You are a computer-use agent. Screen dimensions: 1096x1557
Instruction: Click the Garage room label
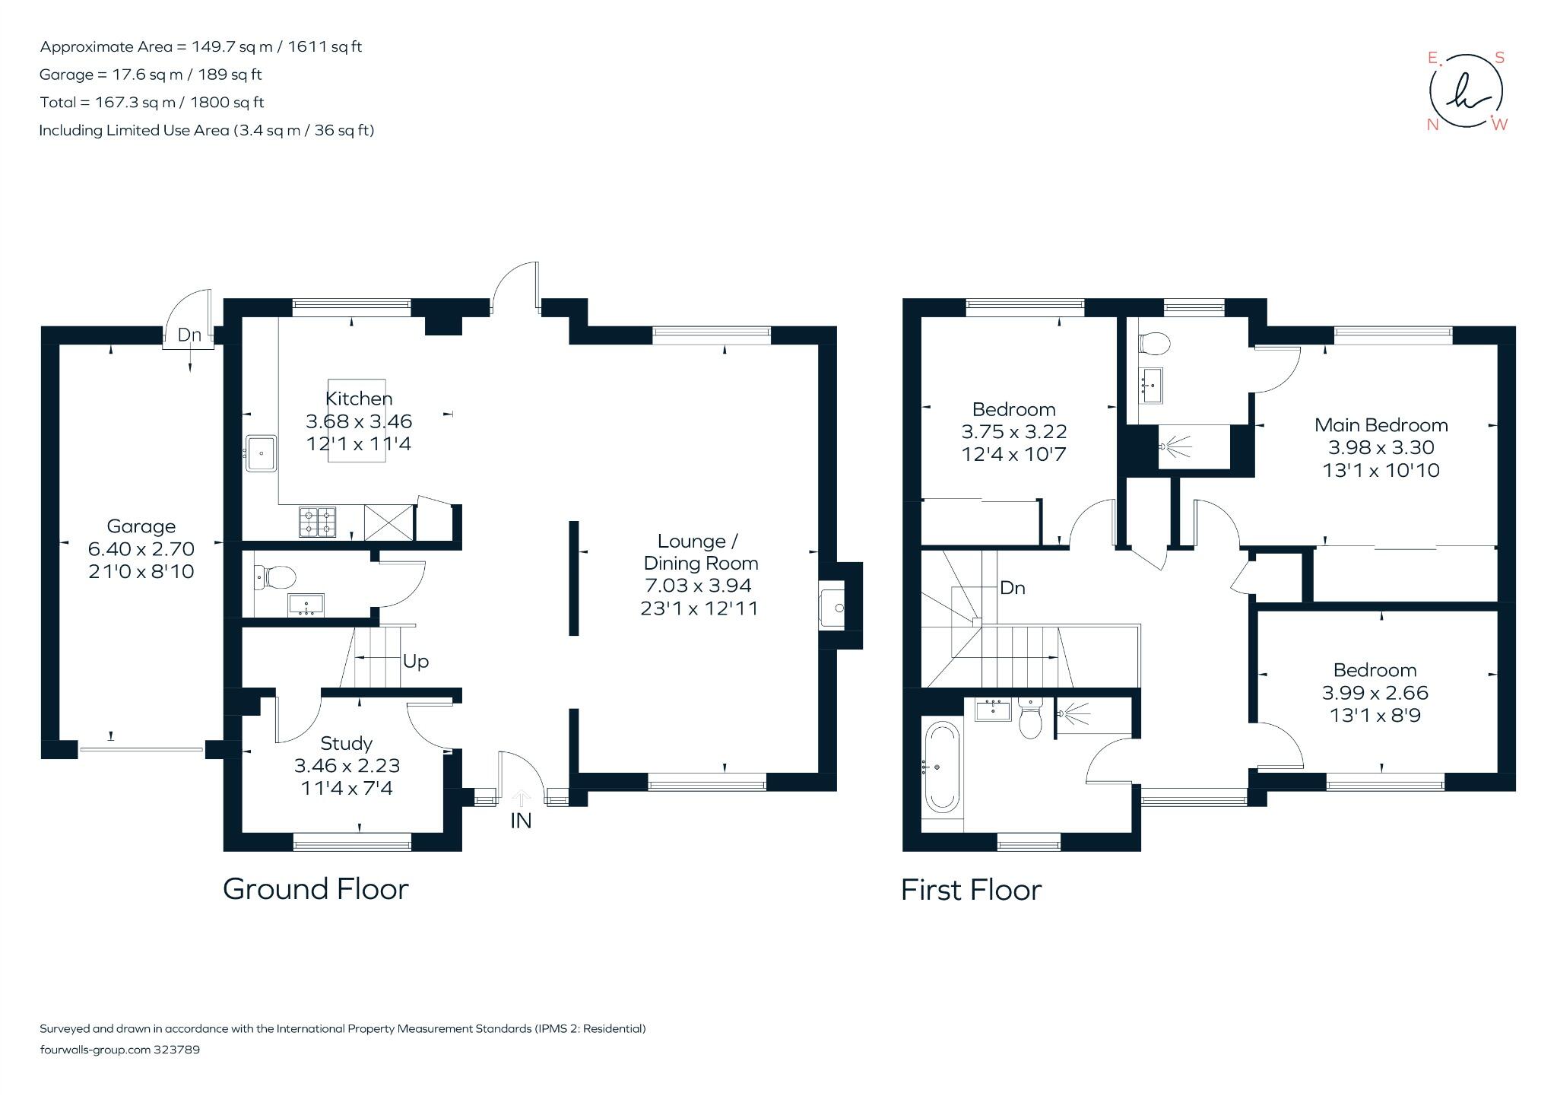click(x=141, y=526)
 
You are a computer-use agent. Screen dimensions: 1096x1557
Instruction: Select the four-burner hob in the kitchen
click(x=317, y=522)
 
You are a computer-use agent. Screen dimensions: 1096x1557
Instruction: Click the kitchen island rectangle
click(x=357, y=421)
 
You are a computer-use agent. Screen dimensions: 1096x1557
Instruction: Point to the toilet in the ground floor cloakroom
click(x=275, y=576)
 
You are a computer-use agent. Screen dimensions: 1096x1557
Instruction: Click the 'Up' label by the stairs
click(x=416, y=662)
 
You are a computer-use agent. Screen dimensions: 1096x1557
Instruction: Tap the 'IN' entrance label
click(x=521, y=821)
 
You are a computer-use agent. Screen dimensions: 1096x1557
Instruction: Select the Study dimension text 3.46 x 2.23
click(x=347, y=766)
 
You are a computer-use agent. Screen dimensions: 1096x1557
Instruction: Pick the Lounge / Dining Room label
click(x=699, y=552)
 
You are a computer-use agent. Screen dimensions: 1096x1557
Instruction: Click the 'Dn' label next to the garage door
click(x=189, y=335)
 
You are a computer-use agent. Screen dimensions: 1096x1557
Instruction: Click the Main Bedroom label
click(x=1381, y=425)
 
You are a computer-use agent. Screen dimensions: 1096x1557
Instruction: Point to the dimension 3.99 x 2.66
click(x=1375, y=693)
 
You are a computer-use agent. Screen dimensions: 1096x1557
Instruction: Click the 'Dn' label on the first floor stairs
click(x=1012, y=588)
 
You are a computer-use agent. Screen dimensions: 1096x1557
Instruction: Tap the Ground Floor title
click(x=316, y=889)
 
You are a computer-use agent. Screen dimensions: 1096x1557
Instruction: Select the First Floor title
click(x=971, y=890)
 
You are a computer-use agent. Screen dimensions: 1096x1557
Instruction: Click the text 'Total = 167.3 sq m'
click(x=152, y=102)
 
